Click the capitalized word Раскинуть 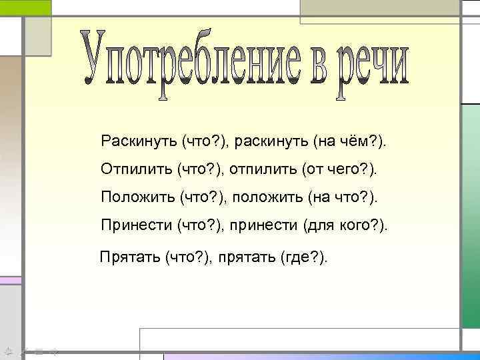[139, 141]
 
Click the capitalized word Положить [137, 197]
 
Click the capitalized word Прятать [129, 257]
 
